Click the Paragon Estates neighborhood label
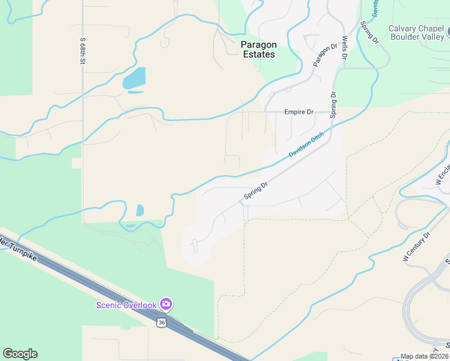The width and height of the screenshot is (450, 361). click(x=257, y=49)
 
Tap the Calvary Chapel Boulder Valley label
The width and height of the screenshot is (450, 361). click(x=416, y=32)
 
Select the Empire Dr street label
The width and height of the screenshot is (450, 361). click(x=299, y=112)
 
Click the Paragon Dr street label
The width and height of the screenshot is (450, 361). click(x=325, y=55)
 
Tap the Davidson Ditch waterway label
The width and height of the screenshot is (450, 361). click(x=306, y=145)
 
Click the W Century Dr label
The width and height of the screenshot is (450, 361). click(x=416, y=246)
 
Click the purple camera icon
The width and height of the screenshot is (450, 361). click(x=167, y=304)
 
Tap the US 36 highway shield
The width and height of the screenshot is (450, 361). click(x=161, y=322)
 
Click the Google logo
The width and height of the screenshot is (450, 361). click(x=20, y=354)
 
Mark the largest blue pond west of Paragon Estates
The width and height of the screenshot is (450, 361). click(x=134, y=78)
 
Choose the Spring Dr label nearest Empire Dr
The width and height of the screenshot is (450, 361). click(x=332, y=102)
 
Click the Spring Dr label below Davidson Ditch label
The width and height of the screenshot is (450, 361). click(x=255, y=191)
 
